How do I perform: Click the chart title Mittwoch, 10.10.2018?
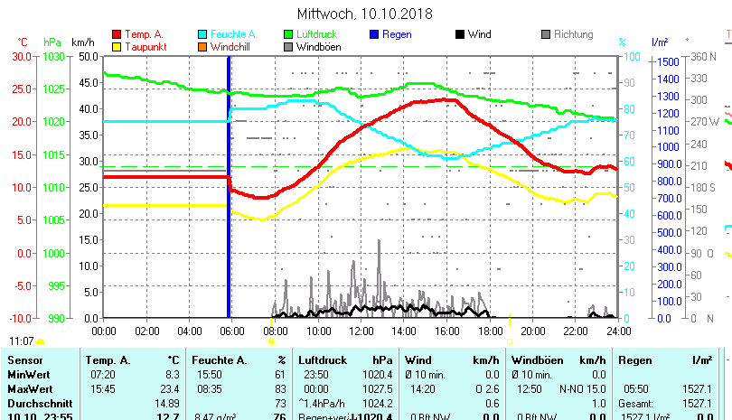click(365, 14)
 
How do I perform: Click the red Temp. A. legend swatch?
click(117, 34)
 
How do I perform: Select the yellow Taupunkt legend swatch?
click(117, 47)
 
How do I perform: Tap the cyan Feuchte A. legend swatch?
click(202, 34)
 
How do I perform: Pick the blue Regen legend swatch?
click(375, 34)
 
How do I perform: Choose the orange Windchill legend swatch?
click(202, 47)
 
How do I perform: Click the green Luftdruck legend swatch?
click(288, 34)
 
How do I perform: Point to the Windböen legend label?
click(318, 47)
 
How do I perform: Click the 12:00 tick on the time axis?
click(361, 331)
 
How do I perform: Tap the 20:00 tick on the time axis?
click(532, 331)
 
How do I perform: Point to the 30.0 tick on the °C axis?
click(22, 56)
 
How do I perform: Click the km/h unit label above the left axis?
click(82, 42)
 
